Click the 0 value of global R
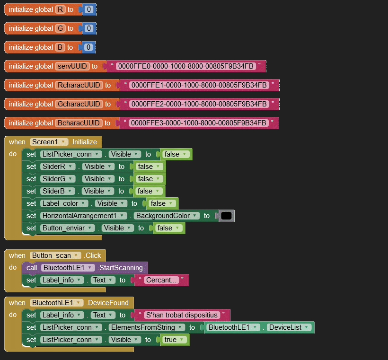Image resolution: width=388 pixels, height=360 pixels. click(x=89, y=9)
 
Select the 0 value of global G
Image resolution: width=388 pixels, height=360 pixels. click(x=89, y=28)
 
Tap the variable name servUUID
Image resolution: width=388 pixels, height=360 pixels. click(x=72, y=66)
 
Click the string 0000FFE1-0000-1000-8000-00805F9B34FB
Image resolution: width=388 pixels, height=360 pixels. click(x=199, y=85)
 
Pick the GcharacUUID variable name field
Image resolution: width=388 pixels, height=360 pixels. click(x=79, y=104)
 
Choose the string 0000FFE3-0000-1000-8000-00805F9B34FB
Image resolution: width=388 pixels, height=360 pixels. click(x=198, y=123)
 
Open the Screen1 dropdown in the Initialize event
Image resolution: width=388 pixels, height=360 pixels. click(x=49, y=142)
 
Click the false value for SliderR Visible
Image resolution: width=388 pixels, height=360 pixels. click(x=149, y=167)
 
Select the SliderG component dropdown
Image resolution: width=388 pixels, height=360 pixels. click(x=58, y=179)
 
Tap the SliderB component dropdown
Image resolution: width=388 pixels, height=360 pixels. click(x=57, y=191)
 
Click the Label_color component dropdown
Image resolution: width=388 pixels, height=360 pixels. click(x=64, y=203)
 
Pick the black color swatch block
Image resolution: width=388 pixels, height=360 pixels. click(x=226, y=216)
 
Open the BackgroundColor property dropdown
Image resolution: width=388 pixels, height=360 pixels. click(x=167, y=216)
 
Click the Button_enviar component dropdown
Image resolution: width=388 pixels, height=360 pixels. click(x=67, y=228)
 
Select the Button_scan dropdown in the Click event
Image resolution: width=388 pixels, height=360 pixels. click(x=55, y=255)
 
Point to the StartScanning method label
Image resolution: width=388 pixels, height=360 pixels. click(x=121, y=268)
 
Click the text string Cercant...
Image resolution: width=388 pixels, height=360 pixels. click(x=161, y=280)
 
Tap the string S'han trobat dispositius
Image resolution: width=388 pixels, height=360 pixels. click(x=182, y=315)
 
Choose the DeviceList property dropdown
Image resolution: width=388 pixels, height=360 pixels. click(x=289, y=327)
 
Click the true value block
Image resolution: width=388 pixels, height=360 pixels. click(x=174, y=340)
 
